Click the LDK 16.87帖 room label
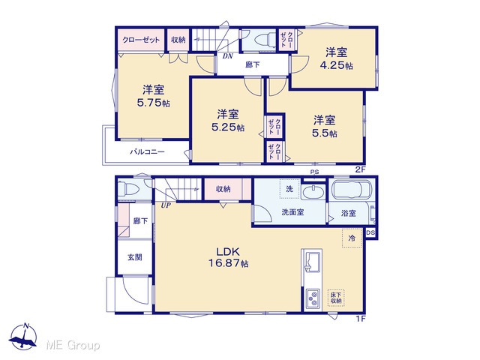coord(228,257)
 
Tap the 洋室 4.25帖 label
coord(336,58)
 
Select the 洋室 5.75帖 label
coord(153,96)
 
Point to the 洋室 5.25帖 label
coord(228,121)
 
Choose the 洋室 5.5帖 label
coord(325,126)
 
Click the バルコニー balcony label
coord(148,151)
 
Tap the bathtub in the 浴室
coord(352,190)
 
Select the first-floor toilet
coord(128,189)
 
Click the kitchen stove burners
coord(313,298)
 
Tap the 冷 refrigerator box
coord(352,238)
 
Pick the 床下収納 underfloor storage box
coord(336,298)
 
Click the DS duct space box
coord(370,232)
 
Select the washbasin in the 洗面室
coord(313,192)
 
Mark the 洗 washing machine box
coord(289,189)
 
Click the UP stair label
coord(166,205)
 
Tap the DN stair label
coord(228,56)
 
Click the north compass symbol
coord(23,336)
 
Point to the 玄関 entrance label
coord(135,257)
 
